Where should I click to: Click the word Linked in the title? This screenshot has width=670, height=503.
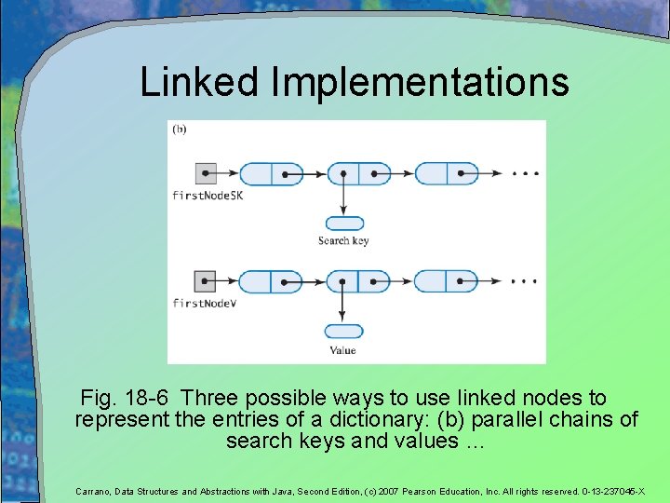200,82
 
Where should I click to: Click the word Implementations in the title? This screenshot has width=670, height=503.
420,84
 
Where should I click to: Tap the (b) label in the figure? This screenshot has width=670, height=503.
179,129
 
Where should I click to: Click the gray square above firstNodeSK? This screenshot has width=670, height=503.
207,173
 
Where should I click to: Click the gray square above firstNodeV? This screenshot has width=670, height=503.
206,280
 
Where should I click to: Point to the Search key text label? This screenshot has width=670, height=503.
343,241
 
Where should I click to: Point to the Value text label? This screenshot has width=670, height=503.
342,350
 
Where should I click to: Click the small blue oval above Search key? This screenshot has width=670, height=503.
344,224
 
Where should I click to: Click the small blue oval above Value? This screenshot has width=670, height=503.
343,332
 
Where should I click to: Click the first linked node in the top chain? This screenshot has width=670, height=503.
271,173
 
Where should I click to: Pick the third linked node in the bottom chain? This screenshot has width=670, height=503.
446,280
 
